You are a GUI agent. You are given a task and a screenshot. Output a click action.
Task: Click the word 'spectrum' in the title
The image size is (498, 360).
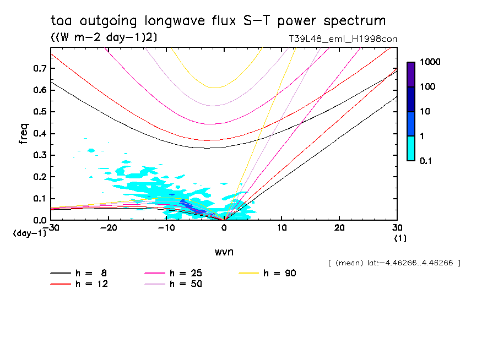pos(355,21)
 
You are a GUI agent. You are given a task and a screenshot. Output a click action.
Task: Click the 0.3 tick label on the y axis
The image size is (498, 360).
pos(39,155)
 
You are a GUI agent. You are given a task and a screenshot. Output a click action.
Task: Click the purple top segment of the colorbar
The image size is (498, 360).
pos(411,74)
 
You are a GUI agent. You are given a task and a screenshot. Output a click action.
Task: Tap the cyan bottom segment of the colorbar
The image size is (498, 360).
pos(411,148)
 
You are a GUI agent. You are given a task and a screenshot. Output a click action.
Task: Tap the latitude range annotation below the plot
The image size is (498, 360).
pos(394,263)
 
